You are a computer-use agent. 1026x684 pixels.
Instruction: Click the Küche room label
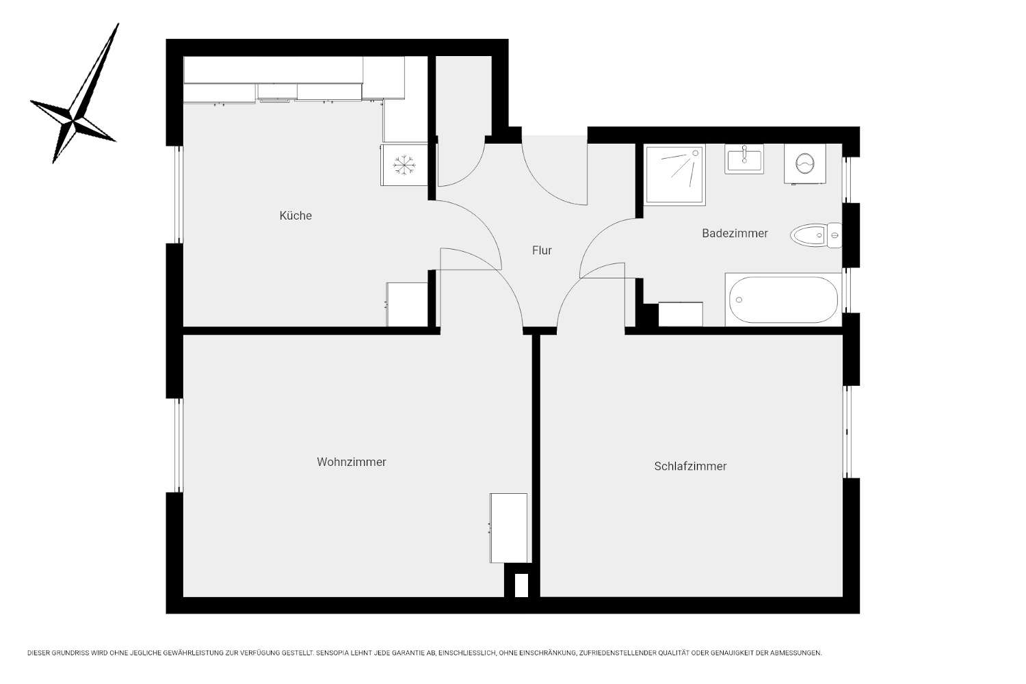tap(295, 215)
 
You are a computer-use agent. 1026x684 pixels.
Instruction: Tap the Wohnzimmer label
tap(352, 462)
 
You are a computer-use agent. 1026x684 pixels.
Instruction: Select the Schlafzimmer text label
tap(690, 466)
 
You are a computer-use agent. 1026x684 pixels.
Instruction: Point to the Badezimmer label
tap(735, 233)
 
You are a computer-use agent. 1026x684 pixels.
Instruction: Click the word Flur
tap(542, 250)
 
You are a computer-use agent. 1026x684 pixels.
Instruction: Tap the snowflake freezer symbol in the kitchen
tap(404, 165)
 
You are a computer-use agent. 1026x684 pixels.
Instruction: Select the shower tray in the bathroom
tap(674, 174)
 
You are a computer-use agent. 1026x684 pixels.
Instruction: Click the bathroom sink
tap(744, 159)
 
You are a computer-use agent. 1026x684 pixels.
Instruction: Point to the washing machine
tap(805, 164)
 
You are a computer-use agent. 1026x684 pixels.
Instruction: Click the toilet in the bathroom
tap(816, 235)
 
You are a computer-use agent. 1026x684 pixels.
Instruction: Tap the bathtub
tap(783, 300)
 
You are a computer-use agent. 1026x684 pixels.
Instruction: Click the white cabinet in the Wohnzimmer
tap(508, 528)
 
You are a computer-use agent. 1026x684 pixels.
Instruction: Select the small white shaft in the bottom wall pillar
tap(521, 586)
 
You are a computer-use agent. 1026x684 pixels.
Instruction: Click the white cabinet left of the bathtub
tap(680, 314)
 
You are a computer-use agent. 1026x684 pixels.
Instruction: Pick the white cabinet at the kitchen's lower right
tap(407, 304)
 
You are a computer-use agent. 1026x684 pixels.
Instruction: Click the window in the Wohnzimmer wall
tap(179, 445)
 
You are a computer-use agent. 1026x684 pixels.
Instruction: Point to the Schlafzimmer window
tap(847, 432)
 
